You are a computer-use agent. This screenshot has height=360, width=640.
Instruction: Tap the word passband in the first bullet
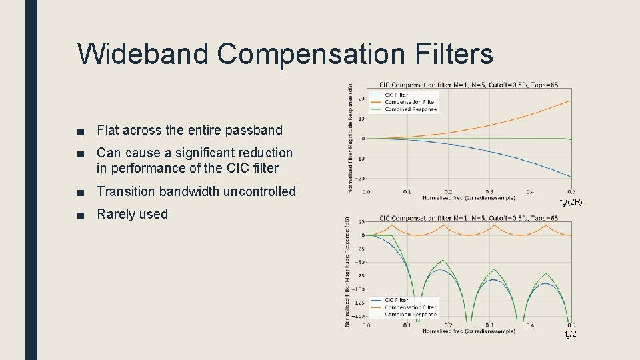(255, 130)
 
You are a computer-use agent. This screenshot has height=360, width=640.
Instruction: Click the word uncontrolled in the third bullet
(259, 191)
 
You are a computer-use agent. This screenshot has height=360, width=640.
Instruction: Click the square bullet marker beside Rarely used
(81, 215)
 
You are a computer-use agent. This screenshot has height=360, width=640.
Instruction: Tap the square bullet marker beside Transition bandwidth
(81, 192)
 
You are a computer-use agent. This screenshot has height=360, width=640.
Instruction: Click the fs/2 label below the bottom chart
(571, 333)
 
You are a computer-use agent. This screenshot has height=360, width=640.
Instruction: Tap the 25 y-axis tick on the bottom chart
(361, 221)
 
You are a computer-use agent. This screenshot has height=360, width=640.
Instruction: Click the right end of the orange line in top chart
(570, 101)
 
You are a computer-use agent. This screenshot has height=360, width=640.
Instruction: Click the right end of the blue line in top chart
(570, 177)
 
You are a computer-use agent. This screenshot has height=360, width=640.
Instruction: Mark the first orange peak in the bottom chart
(393, 225)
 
